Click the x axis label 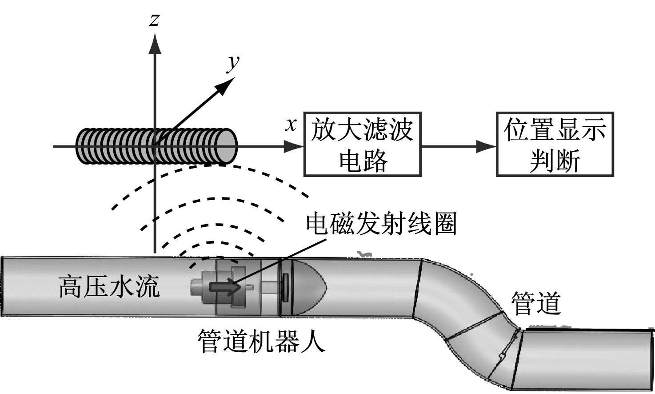[291, 125]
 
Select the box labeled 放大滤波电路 [362, 144]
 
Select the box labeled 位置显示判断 [555, 145]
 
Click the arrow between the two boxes [458, 146]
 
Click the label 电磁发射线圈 [381, 223]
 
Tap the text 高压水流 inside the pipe [109, 286]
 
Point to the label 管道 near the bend [536, 304]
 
